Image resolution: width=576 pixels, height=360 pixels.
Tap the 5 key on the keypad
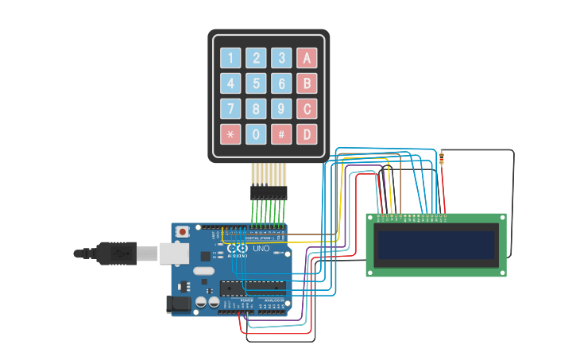[x=256, y=83]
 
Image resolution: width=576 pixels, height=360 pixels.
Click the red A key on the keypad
[x=307, y=58]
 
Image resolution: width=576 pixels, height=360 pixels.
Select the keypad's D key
[x=307, y=134]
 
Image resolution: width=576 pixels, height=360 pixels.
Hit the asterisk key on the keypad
[x=230, y=134]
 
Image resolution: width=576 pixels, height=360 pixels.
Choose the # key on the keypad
[x=281, y=134]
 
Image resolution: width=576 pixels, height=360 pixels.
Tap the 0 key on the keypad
[x=256, y=134]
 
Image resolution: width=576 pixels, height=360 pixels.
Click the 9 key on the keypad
[x=281, y=109]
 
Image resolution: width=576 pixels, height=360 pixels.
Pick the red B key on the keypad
[x=307, y=83]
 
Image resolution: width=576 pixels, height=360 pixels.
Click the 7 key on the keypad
[x=230, y=109]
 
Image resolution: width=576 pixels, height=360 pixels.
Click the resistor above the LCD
[x=442, y=158]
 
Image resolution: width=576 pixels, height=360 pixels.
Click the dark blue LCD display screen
[x=436, y=246]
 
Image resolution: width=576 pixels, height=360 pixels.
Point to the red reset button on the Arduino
[x=183, y=231]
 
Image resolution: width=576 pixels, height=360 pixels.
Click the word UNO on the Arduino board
[x=261, y=249]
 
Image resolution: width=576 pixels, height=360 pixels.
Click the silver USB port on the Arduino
[x=172, y=253]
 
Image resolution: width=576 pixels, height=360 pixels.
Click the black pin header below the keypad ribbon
[x=269, y=192]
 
